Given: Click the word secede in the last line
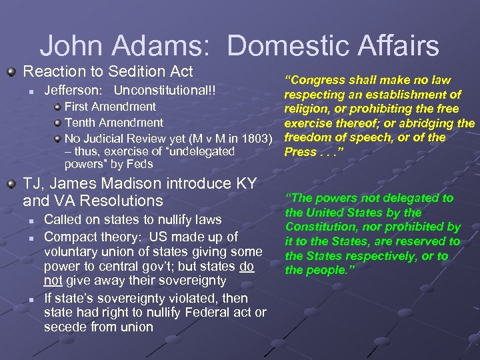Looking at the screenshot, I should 63,327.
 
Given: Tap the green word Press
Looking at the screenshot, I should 301,152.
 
